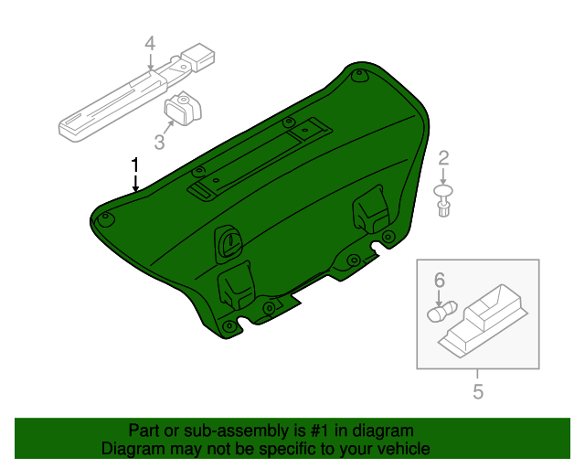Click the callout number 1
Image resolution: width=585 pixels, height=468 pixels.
pyautogui.click(x=135, y=165)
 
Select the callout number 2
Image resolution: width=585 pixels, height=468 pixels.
pyautogui.click(x=444, y=158)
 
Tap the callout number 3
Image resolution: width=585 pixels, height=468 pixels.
pyautogui.click(x=160, y=141)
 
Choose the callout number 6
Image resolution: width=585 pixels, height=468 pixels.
pyautogui.click(x=439, y=279)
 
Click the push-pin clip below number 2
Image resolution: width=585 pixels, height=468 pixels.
pyautogui.click(x=444, y=199)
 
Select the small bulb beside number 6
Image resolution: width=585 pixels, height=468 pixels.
pyautogui.click(x=438, y=313)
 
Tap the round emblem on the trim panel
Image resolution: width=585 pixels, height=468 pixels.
pyautogui.click(x=229, y=242)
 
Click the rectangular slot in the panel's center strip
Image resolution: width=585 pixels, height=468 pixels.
pyautogui.click(x=201, y=190)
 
